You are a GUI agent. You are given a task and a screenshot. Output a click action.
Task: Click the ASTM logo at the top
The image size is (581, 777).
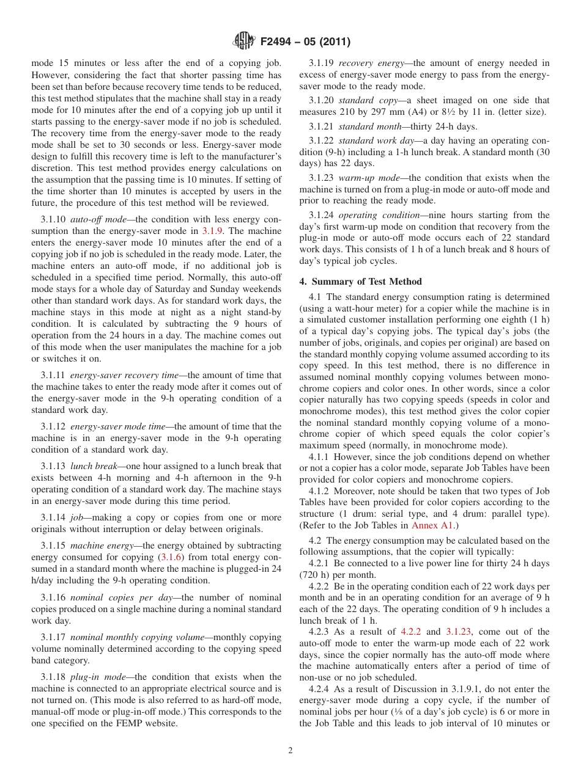point(244,42)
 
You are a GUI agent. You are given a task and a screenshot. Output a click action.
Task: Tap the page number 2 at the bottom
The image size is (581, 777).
point(290,751)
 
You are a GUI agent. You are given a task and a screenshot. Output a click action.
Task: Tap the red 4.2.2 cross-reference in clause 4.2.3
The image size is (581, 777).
point(412,632)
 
